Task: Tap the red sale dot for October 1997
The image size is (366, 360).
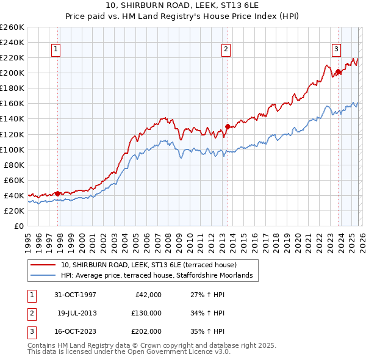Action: [x=58, y=193]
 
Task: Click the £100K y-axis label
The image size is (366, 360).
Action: [x=13, y=149]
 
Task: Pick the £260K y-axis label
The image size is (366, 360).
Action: [x=13, y=27]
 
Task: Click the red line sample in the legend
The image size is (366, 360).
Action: [x=43, y=265]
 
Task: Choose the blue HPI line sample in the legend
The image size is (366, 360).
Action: [x=43, y=276]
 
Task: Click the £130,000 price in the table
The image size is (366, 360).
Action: [x=146, y=312]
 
